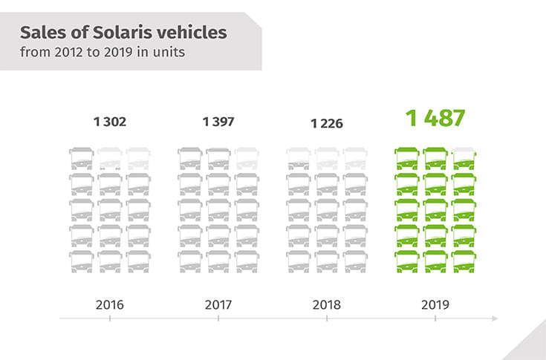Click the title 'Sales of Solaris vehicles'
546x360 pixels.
click(123, 33)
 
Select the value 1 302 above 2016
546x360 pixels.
click(110, 122)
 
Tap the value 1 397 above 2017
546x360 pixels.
click(218, 122)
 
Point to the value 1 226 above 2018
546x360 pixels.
click(327, 123)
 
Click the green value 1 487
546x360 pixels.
click(435, 118)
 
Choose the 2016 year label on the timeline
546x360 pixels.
click(110, 304)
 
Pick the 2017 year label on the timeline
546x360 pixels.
click(218, 304)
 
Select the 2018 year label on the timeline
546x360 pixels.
click(327, 304)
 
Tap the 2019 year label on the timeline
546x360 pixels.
click(435, 304)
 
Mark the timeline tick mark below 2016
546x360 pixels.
click(110, 318)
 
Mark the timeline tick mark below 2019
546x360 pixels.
click(435, 318)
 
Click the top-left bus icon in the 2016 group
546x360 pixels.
click(81, 159)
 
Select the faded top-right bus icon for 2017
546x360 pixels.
click(247, 159)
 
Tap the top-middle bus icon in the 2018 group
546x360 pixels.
click(327, 159)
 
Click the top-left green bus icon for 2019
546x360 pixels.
click(406, 159)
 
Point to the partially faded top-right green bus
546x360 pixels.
click(464, 159)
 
